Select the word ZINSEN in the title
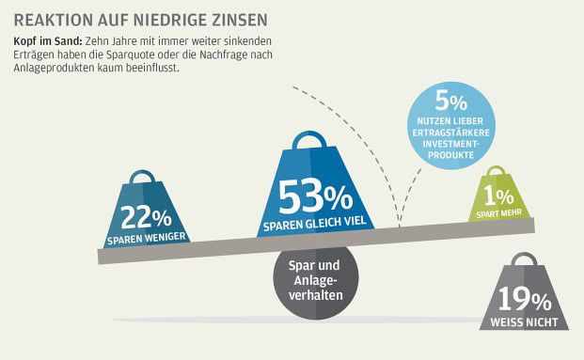[x=237, y=19]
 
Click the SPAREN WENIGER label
[x=142, y=239]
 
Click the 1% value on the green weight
[x=498, y=196]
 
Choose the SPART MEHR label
[x=498, y=213]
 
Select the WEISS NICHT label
[x=525, y=322]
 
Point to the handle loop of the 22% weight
[x=142, y=177]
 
